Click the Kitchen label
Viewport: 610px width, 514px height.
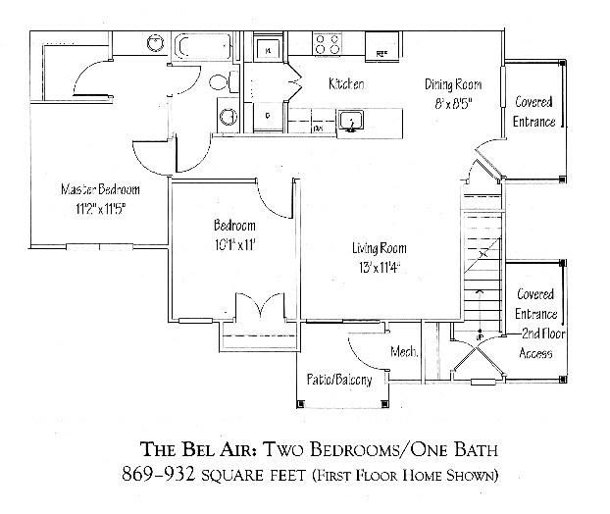tap(346, 84)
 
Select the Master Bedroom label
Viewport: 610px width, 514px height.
tap(100, 189)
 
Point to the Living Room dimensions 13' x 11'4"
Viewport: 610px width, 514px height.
tap(379, 266)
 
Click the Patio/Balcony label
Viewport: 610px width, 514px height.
tap(338, 380)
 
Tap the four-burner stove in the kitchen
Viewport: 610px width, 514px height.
tap(328, 44)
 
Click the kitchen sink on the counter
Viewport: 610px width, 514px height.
tap(351, 121)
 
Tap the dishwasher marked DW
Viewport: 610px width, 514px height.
tap(318, 128)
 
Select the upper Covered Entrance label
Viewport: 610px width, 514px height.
tap(534, 112)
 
